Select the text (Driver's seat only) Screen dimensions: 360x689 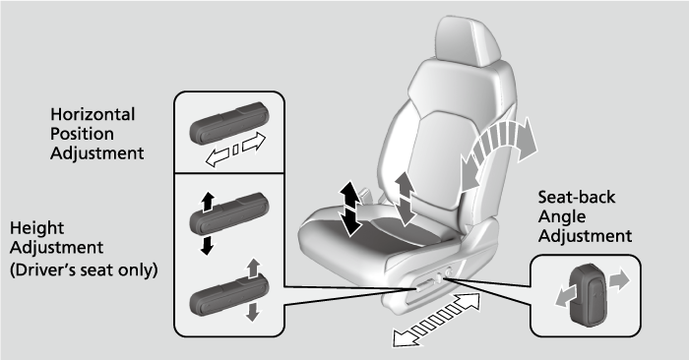[x=83, y=269]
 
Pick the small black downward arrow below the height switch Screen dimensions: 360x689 [x=206, y=245]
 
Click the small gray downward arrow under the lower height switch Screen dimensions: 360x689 [x=253, y=311]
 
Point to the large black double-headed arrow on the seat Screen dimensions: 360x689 [x=349, y=209]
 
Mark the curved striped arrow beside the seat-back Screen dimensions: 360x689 [x=503, y=148]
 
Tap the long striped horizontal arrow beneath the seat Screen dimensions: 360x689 [x=439, y=319]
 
